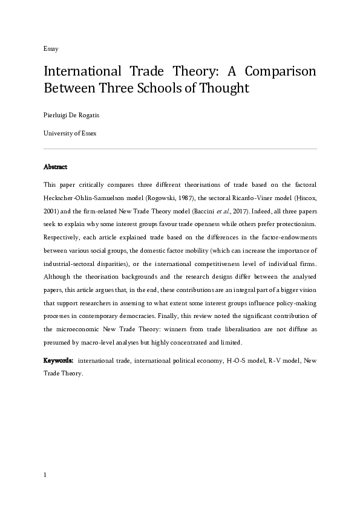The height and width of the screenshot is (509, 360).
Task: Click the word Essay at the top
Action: (50, 48)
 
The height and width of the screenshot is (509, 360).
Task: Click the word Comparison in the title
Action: (280, 71)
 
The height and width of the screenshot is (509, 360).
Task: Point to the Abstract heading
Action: (55, 166)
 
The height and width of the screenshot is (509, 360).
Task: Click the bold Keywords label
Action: (58, 360)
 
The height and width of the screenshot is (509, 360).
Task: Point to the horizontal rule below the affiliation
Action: (180, 148)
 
